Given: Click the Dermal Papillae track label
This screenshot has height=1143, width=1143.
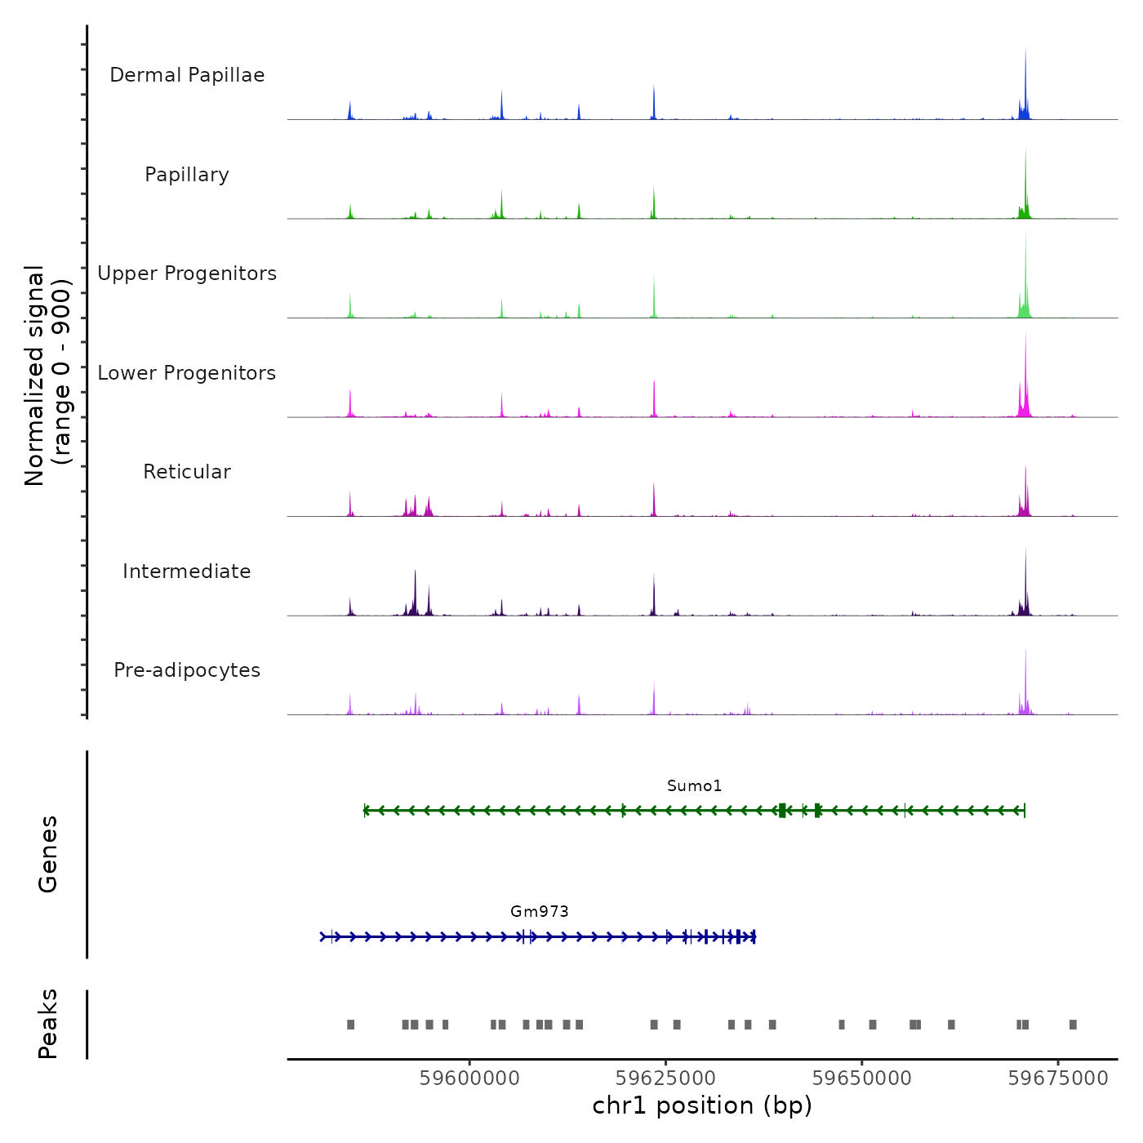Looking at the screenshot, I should (x=187, y=75).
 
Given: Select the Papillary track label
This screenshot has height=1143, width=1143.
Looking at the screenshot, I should (x=187, y=175).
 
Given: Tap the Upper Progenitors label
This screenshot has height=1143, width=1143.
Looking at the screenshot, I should (x=187, y=274).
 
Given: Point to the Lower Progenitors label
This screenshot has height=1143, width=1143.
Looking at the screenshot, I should (x=187, y=373).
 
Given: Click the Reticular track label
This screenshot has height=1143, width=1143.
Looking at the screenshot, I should (x=187, y=472).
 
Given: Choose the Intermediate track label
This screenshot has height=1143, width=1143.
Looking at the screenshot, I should (x=187, y=571).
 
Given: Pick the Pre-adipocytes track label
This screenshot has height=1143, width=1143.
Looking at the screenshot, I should (x=187, y=670).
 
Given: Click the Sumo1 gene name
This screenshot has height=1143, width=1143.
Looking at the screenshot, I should (x=694, y=786).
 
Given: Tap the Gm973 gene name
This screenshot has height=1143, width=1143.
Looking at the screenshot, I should (x=539, y=911).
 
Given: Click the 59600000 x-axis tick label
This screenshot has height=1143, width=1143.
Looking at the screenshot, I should (x=469, y=1079).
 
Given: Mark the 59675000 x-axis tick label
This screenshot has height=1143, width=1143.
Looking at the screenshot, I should (x=1058, y=1079).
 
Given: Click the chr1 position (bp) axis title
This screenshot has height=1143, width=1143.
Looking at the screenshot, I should (x=702, y=1105).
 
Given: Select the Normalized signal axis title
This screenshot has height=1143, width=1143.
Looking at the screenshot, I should (x=47, y=376).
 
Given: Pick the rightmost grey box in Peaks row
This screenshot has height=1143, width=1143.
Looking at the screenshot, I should (x=1073, y=1025).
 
